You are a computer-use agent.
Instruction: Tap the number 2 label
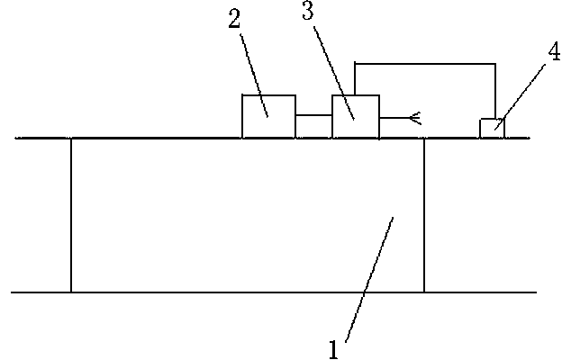(x=235, y=21)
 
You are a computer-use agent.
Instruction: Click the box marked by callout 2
(x=268, y=116)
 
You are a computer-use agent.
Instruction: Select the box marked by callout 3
(x=355, y=116)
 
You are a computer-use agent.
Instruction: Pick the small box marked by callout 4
(x=491, y=128)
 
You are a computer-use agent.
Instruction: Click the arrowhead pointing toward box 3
(x=415, y=116)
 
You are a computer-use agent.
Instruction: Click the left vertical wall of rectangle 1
(x=71, y=216)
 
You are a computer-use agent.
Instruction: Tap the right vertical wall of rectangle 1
(x=424, y=216)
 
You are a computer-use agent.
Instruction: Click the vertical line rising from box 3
(x=355, y=79)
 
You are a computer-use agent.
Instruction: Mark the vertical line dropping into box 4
(x=495, y=90)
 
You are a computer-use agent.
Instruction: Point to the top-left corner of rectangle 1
(x=71, y=139)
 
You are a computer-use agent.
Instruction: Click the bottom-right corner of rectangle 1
(x=424, y=292)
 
